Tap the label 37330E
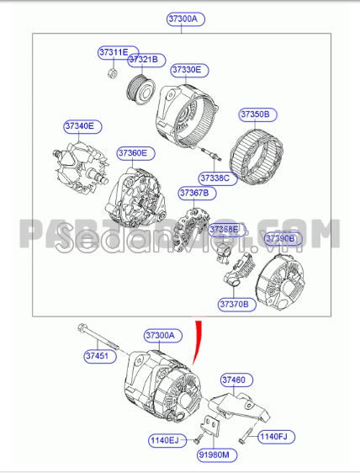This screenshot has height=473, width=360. (187, 69)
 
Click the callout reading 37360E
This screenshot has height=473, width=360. (132, 152)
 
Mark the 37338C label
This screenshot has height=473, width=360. (214, 178)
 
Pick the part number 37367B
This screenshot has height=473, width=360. (193, 193)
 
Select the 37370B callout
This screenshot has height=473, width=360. (234, 303)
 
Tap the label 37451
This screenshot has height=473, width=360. (96, 356)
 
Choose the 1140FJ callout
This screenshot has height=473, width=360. (272, 436)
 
